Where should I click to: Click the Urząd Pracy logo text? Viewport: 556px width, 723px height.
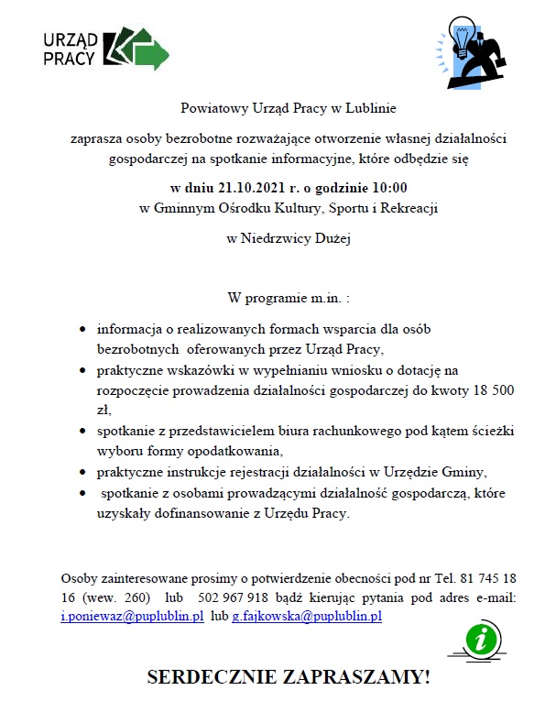[x=70, y=48]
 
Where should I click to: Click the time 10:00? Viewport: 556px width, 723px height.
[x=388, y=189]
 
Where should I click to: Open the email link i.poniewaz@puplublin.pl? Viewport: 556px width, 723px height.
[x=132, y=617]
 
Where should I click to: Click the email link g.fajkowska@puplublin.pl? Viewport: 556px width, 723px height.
[x=306, y=617]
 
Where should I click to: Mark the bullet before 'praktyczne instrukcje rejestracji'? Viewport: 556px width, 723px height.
[x=84, y=472]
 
